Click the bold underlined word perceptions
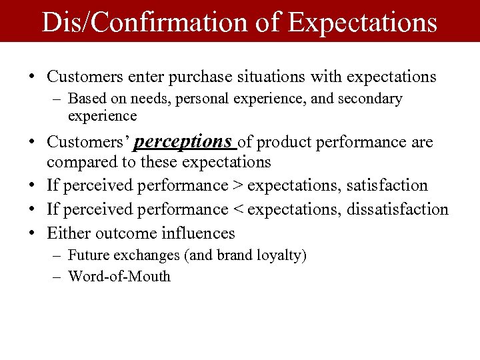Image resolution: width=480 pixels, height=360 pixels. [x=183, y=141]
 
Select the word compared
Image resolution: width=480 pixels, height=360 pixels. [x=79, y=161]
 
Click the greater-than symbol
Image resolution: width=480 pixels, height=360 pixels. [x=237, y=185]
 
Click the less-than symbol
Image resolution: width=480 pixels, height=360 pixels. [x=237, y=209]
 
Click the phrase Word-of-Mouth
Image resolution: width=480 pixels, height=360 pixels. [x=119, y=276]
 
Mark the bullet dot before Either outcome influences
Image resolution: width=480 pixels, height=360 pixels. [x=33, y=233]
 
